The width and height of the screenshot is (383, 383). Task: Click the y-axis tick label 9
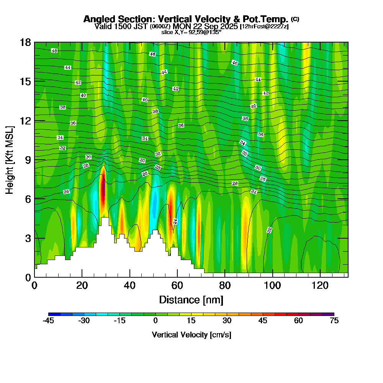click(28, 160)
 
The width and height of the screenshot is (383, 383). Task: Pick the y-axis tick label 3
click(28, 238)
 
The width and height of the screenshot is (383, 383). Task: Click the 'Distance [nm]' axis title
click(191, 300)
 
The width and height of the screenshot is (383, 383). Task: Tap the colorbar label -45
click(48, 321)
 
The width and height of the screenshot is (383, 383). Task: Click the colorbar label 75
click(334, 321)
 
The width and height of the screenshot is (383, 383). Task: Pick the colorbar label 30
click(227, 321)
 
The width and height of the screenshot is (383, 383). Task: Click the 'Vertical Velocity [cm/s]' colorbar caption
click(191, 335)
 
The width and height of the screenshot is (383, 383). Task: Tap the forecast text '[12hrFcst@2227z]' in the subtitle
click(264, 26)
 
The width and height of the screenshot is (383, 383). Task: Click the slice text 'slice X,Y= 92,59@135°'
click(191, 33)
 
